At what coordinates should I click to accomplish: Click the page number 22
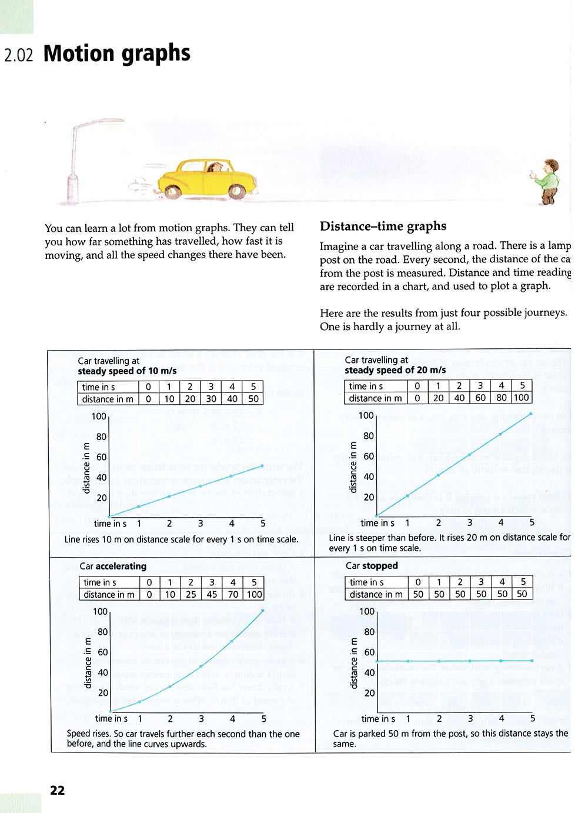pyautogui.click(x=57, y=790)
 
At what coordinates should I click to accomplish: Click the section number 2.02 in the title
pyautogui.click(x=19, y=55)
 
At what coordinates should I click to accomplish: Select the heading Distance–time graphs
pyautogui.click(x=383, y=226)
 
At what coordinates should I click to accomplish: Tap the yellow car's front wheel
pyautogui.click(x=236, y=191)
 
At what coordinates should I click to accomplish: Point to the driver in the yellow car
pyautogui.click(x=216, y=168)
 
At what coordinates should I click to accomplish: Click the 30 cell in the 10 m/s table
pyautogui.click(x=211, y=399)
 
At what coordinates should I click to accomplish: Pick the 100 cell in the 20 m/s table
pyautogui.click(x=522, y=398)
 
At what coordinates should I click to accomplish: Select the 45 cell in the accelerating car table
pyautogui.click(x=212, y=594)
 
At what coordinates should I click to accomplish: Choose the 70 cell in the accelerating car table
pyautogui.click(x=233, y=594)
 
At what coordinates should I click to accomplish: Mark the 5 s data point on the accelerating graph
pyautogui.click(x=263, y=610)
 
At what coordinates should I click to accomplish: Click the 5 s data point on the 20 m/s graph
pyautogui.click(x=531, y=414)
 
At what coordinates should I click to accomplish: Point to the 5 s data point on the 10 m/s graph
pyautogui.click(x=262, y=465)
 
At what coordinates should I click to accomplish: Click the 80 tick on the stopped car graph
pyautogui.click(x=369, y=632)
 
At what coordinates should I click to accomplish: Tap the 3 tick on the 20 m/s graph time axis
pyautogui.click(x=469, y=522)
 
